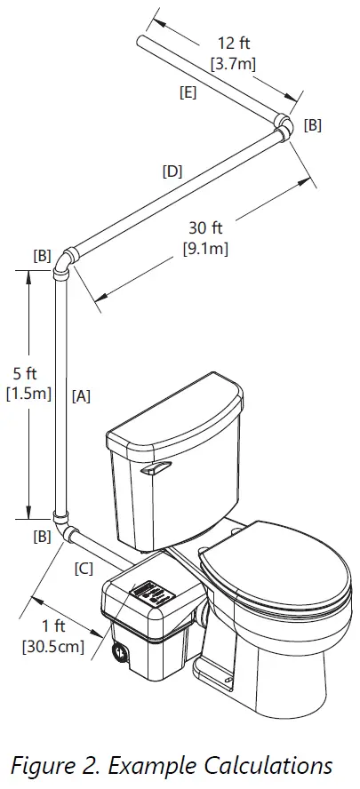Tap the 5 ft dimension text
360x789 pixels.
[x=29, y=371]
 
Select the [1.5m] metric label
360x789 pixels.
[x=29, y=392]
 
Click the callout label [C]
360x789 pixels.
[x=84, y=570]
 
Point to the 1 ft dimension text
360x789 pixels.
[x=52, y=626]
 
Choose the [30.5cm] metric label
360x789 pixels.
[x=52, y=647]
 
